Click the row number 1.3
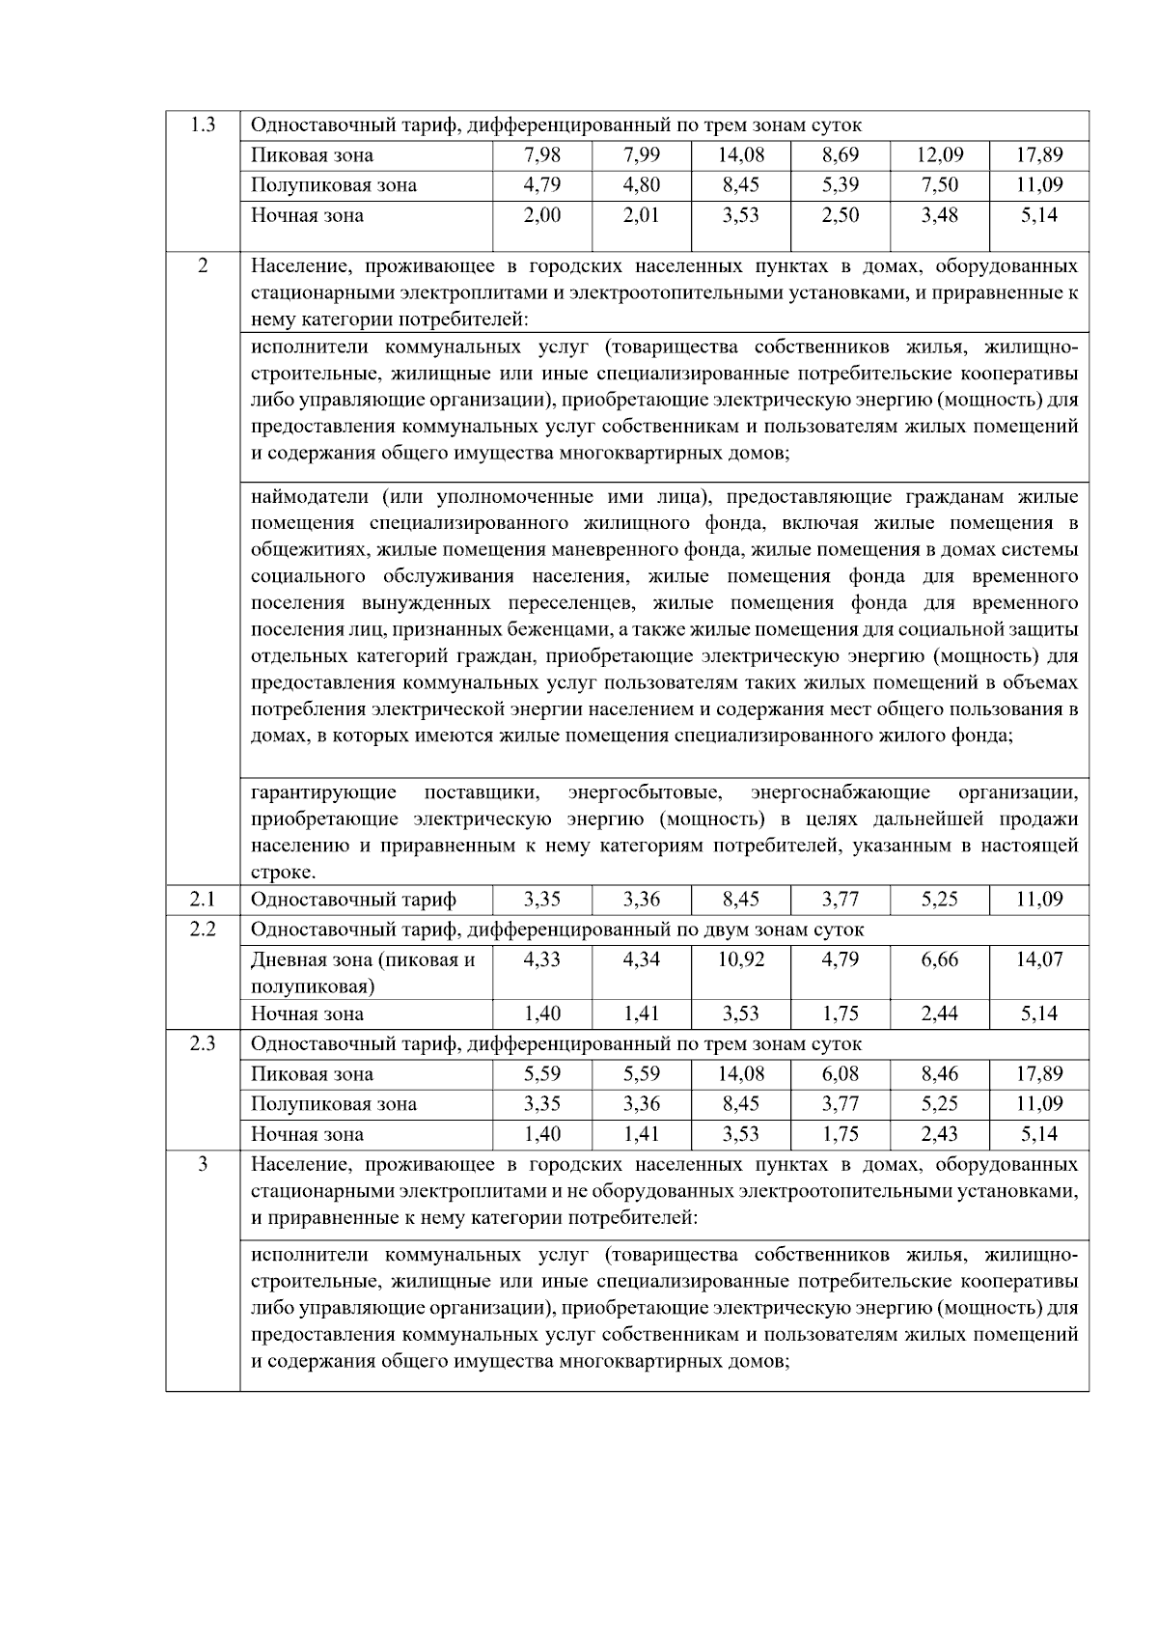pyautogui.click(x=202, y=125)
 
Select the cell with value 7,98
pyautogui.click(x=541, y=154)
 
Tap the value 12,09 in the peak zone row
pyautogui.click(x=939, y=154)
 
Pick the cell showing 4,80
pyautogui.click(x=641, y=184)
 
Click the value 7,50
pyautogui.click(x=939, y=184)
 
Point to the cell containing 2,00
pyautogui.click(x=541, y=214)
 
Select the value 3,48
pyautogui.click(x=939, y=214)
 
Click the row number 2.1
pyautogui.click(x=202, y=900)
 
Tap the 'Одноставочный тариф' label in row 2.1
pyautogui.click(x=353, y=900)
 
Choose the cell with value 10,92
pyautogui.click(x=740, y=959)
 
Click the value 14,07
pyautogui.click(x=1038, y=959)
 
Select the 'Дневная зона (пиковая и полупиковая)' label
pyautogui.click(x=363, y=972)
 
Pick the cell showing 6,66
pyautogui.click(x=939, y=959)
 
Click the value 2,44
pyautogui.click(x=939, y=1013)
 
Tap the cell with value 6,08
pyautogui.click(x=840, y=1073)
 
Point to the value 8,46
pyautogui.click(x=939, y=1073)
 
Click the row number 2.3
pyautogui.click(x=202, y=1043)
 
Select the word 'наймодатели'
pyautogui.click(x=310, y=497)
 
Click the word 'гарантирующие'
pyautogui.click(x=323, y=792)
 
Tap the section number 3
pyautogui.click(x=202, y=1164)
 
